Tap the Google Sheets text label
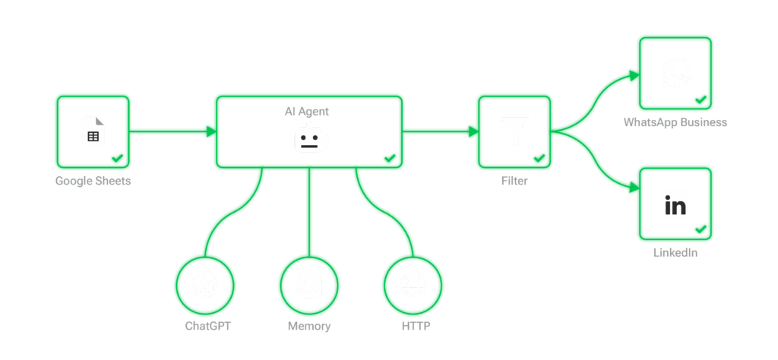93,181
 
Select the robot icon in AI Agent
308,141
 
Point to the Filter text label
514,181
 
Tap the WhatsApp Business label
675,122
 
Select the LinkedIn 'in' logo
675,204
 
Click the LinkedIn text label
675,253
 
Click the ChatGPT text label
207,327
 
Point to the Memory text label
309,327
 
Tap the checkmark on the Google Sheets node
118,158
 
